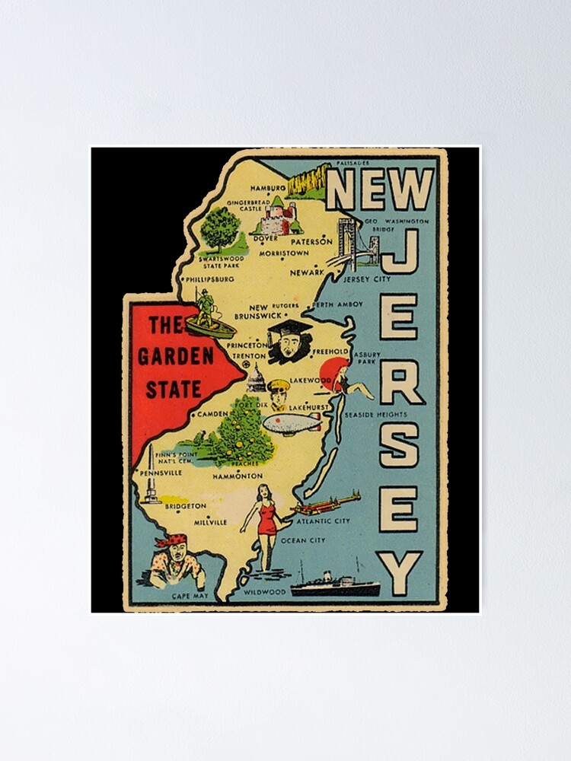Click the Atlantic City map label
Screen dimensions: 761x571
point(323,521)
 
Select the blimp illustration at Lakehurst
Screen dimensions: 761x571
point(292,424)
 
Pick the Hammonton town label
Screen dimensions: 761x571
point(238,476)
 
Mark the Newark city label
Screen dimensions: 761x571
point(308,271)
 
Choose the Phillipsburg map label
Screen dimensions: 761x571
point(209,279)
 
